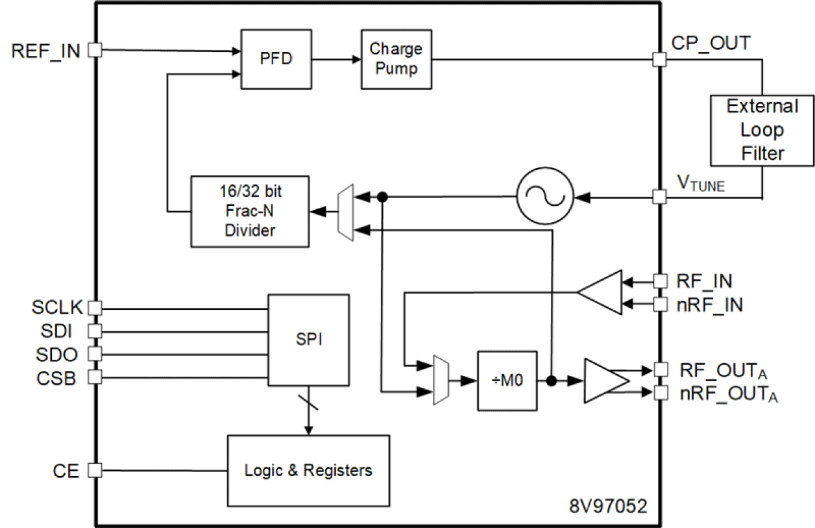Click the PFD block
click(x=274, y=59)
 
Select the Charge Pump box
click(x=396, y=59)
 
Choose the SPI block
click(x=309, y=340)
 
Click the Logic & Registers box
click(x=308, y=471)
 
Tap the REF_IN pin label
click(x=46, y=51)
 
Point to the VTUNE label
click(x=700, y=184)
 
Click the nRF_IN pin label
click(x=708, y=304)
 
